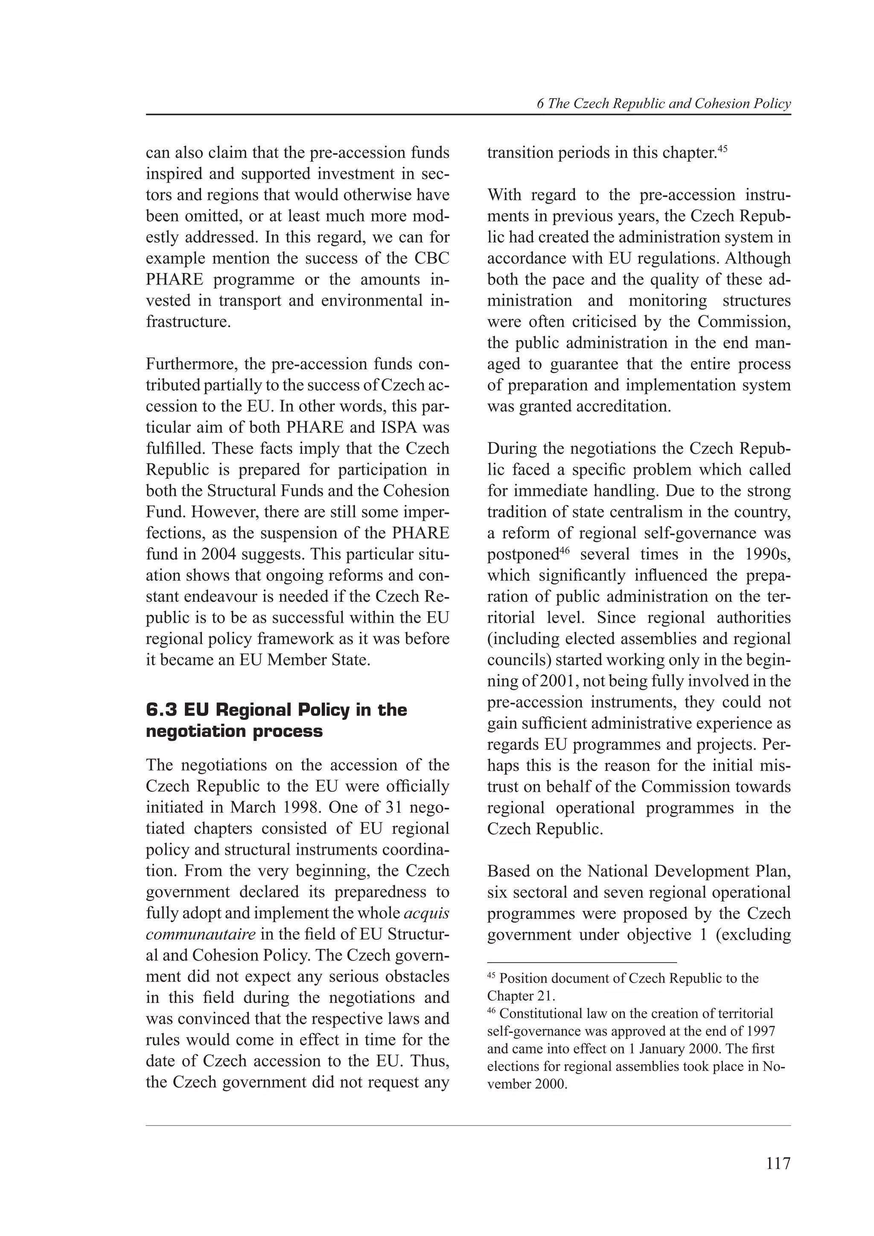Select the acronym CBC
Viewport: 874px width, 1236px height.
point(431,258)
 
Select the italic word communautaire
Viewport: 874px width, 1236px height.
point(200,934)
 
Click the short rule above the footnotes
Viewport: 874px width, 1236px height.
point(582,961)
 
